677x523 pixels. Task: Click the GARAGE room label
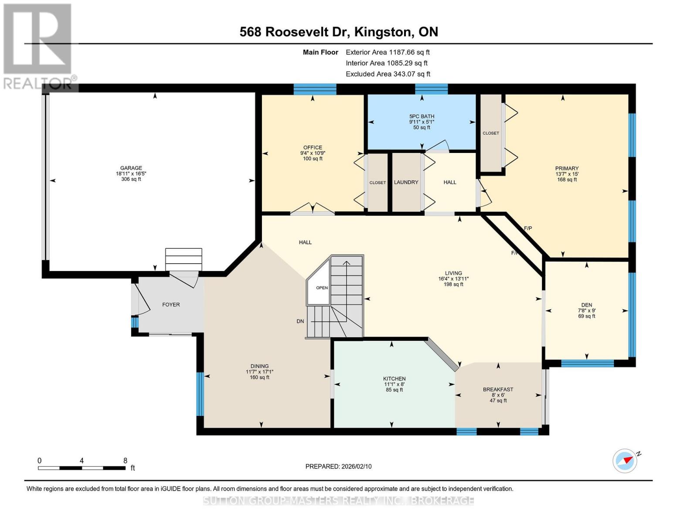(x=131, y=168)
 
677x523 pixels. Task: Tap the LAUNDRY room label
(x=406, y=182)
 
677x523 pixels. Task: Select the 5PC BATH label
(x=422, y=116)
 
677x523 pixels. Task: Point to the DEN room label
(x=586, y=305)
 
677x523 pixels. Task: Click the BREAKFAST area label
(x=498, y=389)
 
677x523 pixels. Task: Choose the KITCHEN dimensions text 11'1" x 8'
(x=394, y=384)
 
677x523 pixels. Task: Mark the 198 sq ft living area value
(x=453, y=284)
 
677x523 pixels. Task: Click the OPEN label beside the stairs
(x=322, y=288)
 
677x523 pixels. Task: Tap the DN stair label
(x=300, y=321)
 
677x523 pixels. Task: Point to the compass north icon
(x=625, y=461)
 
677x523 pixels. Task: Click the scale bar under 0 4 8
(x=82, y=468)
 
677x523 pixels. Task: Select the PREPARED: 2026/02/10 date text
(x=338, y=466)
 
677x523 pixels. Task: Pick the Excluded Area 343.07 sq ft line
(x=388, y=74)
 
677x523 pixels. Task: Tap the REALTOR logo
(x=38, y=46)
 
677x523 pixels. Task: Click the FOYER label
(x=171, y=305)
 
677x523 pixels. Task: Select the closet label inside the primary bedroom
(x=490, y=133)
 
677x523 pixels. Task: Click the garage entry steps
(x=184, y=260)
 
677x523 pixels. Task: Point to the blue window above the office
(x=315, y=89)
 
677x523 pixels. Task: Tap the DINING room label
(x=259, y=366)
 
